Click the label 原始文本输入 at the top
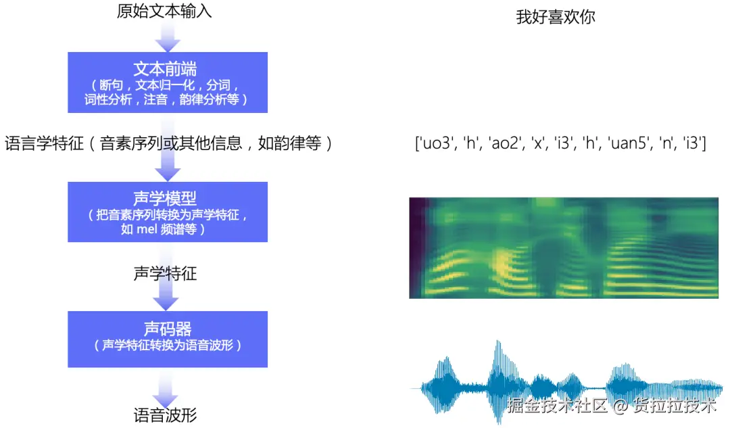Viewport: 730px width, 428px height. pos(165,11)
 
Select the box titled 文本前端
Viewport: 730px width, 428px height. pos(168,82)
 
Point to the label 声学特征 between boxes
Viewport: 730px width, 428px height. pos(166,274)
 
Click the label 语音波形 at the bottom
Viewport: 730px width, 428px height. pos(166,414)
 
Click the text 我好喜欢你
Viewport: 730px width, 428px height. pos(556,18)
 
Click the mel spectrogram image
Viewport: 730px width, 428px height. pos(564,247)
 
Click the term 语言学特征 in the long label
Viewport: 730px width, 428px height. pos(43,144)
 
